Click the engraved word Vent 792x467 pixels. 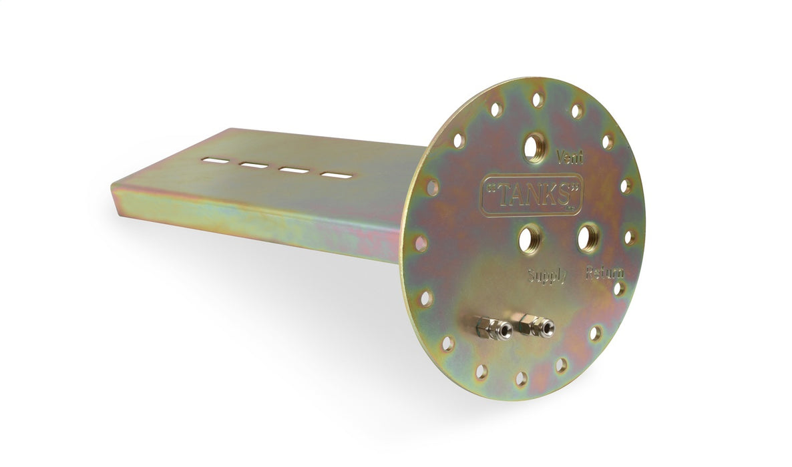pyautogui.click(x=569, y=157)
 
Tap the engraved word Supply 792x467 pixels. pyautogui.click(x=547, y=276)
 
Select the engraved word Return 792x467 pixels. pyautogui.click(x=604, y=273)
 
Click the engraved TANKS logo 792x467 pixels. pyautogui.click(x=532, y=195)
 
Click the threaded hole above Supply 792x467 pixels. pyautogui.click(x=530, y=239)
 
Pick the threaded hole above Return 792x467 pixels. pyautogui.click(x=588, y=238)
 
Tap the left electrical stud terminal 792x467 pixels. pyautogui.click(x=493, y=329)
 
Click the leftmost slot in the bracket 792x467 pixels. pyautogui.click(x=214, y=161)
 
